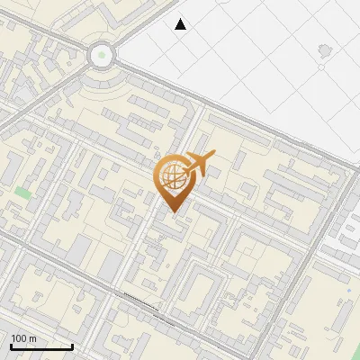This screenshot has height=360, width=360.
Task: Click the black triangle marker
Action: (x=181, y=24)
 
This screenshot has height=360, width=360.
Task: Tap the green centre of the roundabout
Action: (x=102, y=56)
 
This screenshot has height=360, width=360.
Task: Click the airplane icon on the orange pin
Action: (x=199, y=164)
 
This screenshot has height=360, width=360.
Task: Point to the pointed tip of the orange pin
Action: (x=172, y=212)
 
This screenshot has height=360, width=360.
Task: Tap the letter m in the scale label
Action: (x=32, y=338)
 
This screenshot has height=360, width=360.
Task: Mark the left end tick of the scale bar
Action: (x=11, y=346)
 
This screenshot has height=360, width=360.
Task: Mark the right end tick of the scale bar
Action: (x=72, y=346)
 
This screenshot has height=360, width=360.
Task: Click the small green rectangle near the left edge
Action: (x=22, y=192)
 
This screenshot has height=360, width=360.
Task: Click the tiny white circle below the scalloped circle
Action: (x=322, y=67)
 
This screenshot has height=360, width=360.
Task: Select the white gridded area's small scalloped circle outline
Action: (x=323, y=48)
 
